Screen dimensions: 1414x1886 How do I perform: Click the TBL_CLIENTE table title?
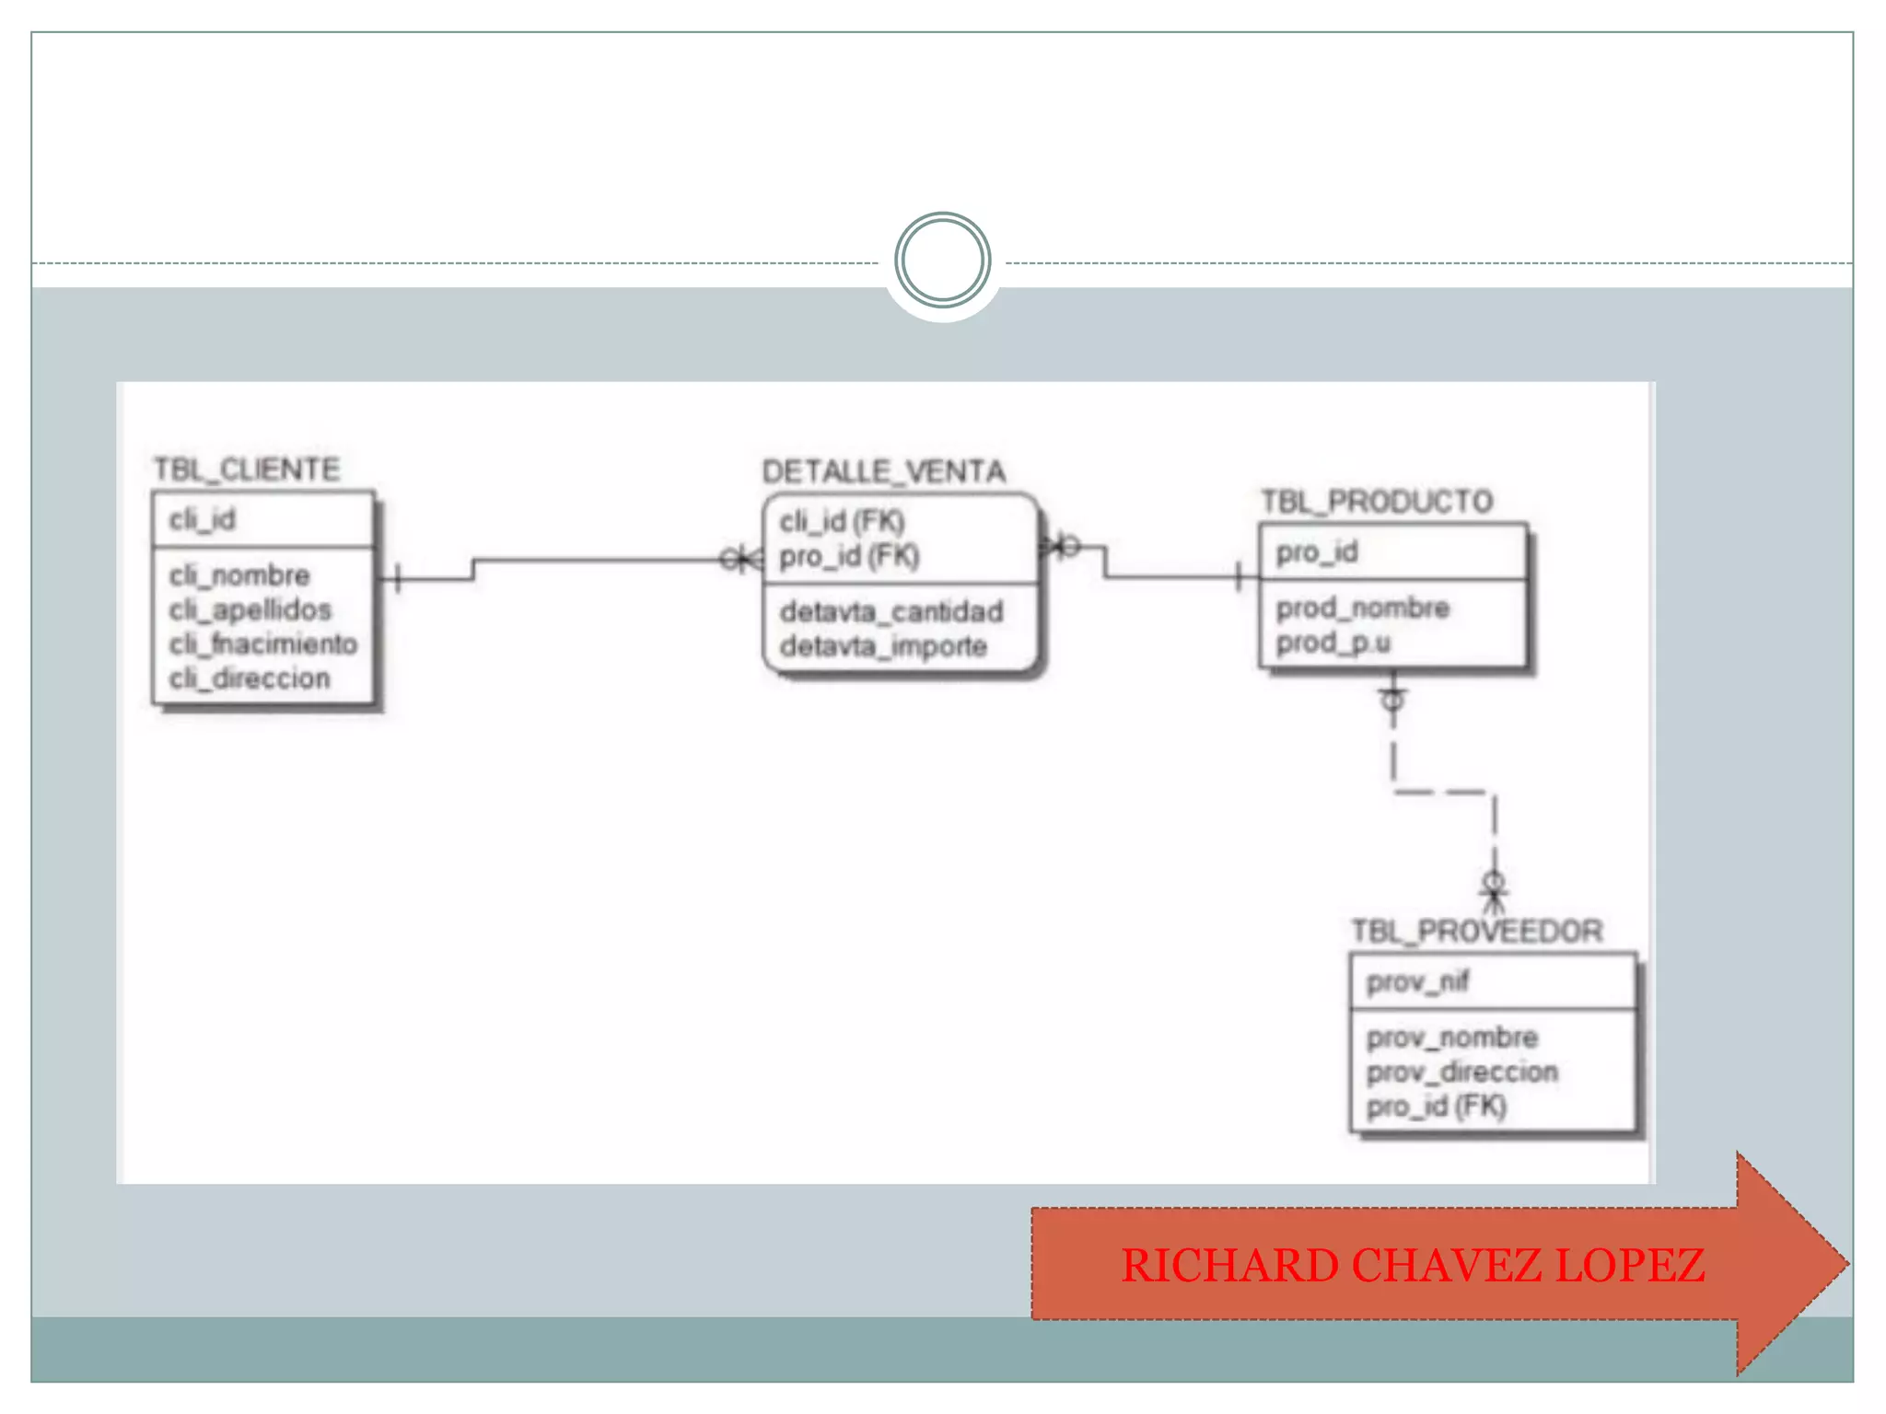click(246, 469)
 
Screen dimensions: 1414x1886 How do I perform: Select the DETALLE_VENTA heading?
click(883, 471)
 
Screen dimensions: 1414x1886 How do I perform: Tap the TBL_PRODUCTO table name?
click(1376, 502)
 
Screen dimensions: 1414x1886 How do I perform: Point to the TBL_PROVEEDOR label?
click(1476, 932)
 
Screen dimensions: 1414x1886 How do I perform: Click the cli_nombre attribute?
click(239, 575)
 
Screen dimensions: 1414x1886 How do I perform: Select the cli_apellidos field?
click(250, 609)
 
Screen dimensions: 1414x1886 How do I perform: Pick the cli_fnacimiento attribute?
click(262, 643)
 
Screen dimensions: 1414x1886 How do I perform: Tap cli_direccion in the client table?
click(250, 678)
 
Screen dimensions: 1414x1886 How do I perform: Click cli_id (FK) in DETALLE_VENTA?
click(842, 522)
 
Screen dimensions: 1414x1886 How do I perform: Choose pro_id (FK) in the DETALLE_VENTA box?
click(849, 556)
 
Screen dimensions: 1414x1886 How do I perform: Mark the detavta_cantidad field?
click(891, 611)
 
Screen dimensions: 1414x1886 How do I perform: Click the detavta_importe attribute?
click(883, 646)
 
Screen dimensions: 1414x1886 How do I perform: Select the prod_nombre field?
click(1362, 608)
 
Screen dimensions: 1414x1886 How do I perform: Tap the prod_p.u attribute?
click(1333, 643)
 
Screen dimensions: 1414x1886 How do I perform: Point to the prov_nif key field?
click(1416, 982)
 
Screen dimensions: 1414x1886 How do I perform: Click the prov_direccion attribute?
click(1461, 1072)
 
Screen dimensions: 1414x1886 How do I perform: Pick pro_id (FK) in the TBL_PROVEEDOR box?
click(1436, 1106)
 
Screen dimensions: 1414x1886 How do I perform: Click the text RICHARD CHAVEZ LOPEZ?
click(1413, 1265)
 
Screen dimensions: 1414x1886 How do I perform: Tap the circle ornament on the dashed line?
click(942, 261)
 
